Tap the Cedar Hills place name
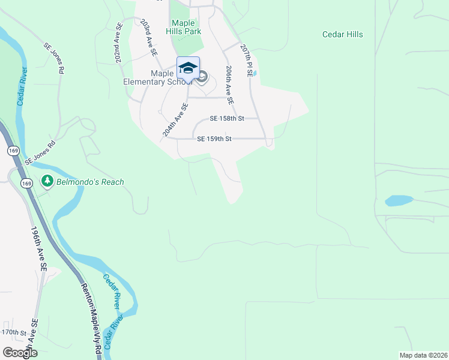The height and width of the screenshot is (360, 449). pos(343,35)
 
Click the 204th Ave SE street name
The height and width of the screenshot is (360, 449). pos(175,119)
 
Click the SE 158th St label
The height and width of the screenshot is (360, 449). pos(226,119)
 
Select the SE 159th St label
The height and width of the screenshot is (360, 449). pos(214,139)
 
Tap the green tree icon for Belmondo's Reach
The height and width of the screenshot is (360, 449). pos(47,181)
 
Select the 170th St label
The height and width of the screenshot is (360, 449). pos(14,332)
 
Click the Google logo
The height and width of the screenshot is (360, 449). pos(20,352)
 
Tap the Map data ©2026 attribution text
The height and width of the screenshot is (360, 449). pos(423,355)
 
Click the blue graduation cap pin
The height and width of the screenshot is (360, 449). pos(188,67)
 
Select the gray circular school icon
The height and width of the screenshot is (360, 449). pos(202,76)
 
